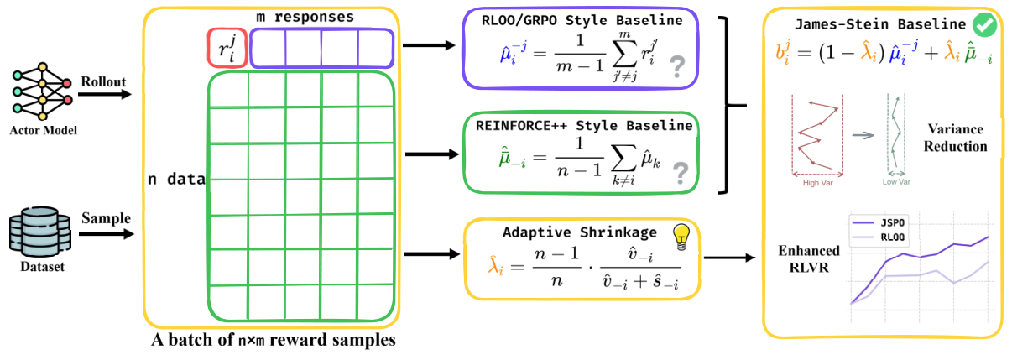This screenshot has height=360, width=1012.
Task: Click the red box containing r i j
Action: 226,49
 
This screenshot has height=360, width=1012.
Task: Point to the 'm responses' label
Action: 304,17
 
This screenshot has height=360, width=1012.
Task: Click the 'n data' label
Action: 176,178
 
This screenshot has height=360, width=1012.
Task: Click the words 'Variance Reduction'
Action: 956,138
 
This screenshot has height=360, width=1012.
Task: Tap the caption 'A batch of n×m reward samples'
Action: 274,341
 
